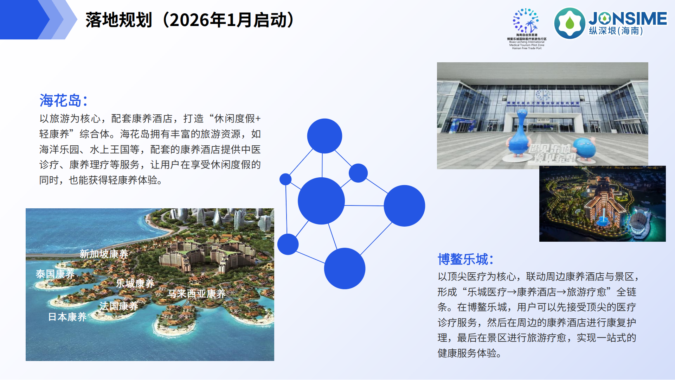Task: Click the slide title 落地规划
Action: click(119, 20)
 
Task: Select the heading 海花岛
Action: click(60, 101)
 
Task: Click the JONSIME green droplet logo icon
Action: click(570, 23)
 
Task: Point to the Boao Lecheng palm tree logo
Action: click(526, 21)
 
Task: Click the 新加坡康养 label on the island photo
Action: click(104, 254)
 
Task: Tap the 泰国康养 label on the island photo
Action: click(55, 274)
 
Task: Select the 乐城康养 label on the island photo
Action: click(135, 283)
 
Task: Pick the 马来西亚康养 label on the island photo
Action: click(197, 293)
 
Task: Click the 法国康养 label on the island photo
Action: click(119, 306)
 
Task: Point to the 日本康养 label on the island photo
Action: click(67, 317)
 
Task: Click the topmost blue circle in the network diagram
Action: click(324, 136)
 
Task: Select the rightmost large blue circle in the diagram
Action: click(404, 205)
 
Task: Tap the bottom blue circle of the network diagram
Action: click(345, 268)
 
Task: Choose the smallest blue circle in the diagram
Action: click(285, 179)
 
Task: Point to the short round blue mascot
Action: click(584, 148)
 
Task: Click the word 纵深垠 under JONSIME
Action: click(603, 31)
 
